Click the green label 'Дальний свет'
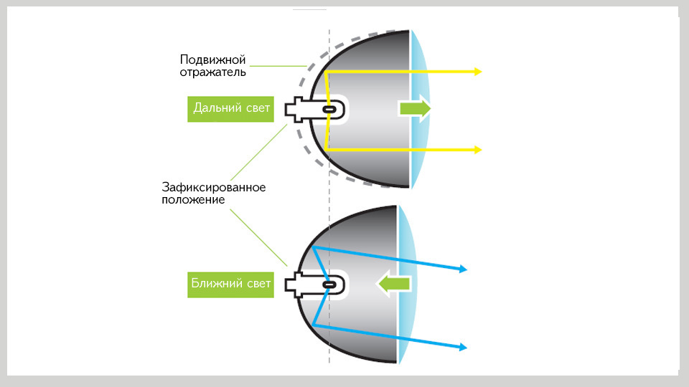pyautogui.click(x=231, y=109)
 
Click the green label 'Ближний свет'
pyautogui.click(x=231, y=285)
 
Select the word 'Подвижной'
pyautogui.click(x=214, y=59)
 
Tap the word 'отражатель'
pyautogui.click(x=213, y=72)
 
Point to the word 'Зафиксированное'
pyautogui.click(x=214, y=188)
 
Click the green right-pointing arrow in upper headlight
pyautogui.click(x=415, y=107)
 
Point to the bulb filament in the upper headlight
pyautogui.click(x=330, y=109)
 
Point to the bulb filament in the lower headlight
pyautogui.click(x=329, y=285)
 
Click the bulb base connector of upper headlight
pyautogui.click(x=297, y=109)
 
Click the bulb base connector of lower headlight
pyautogui.click(x=297, y=285)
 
